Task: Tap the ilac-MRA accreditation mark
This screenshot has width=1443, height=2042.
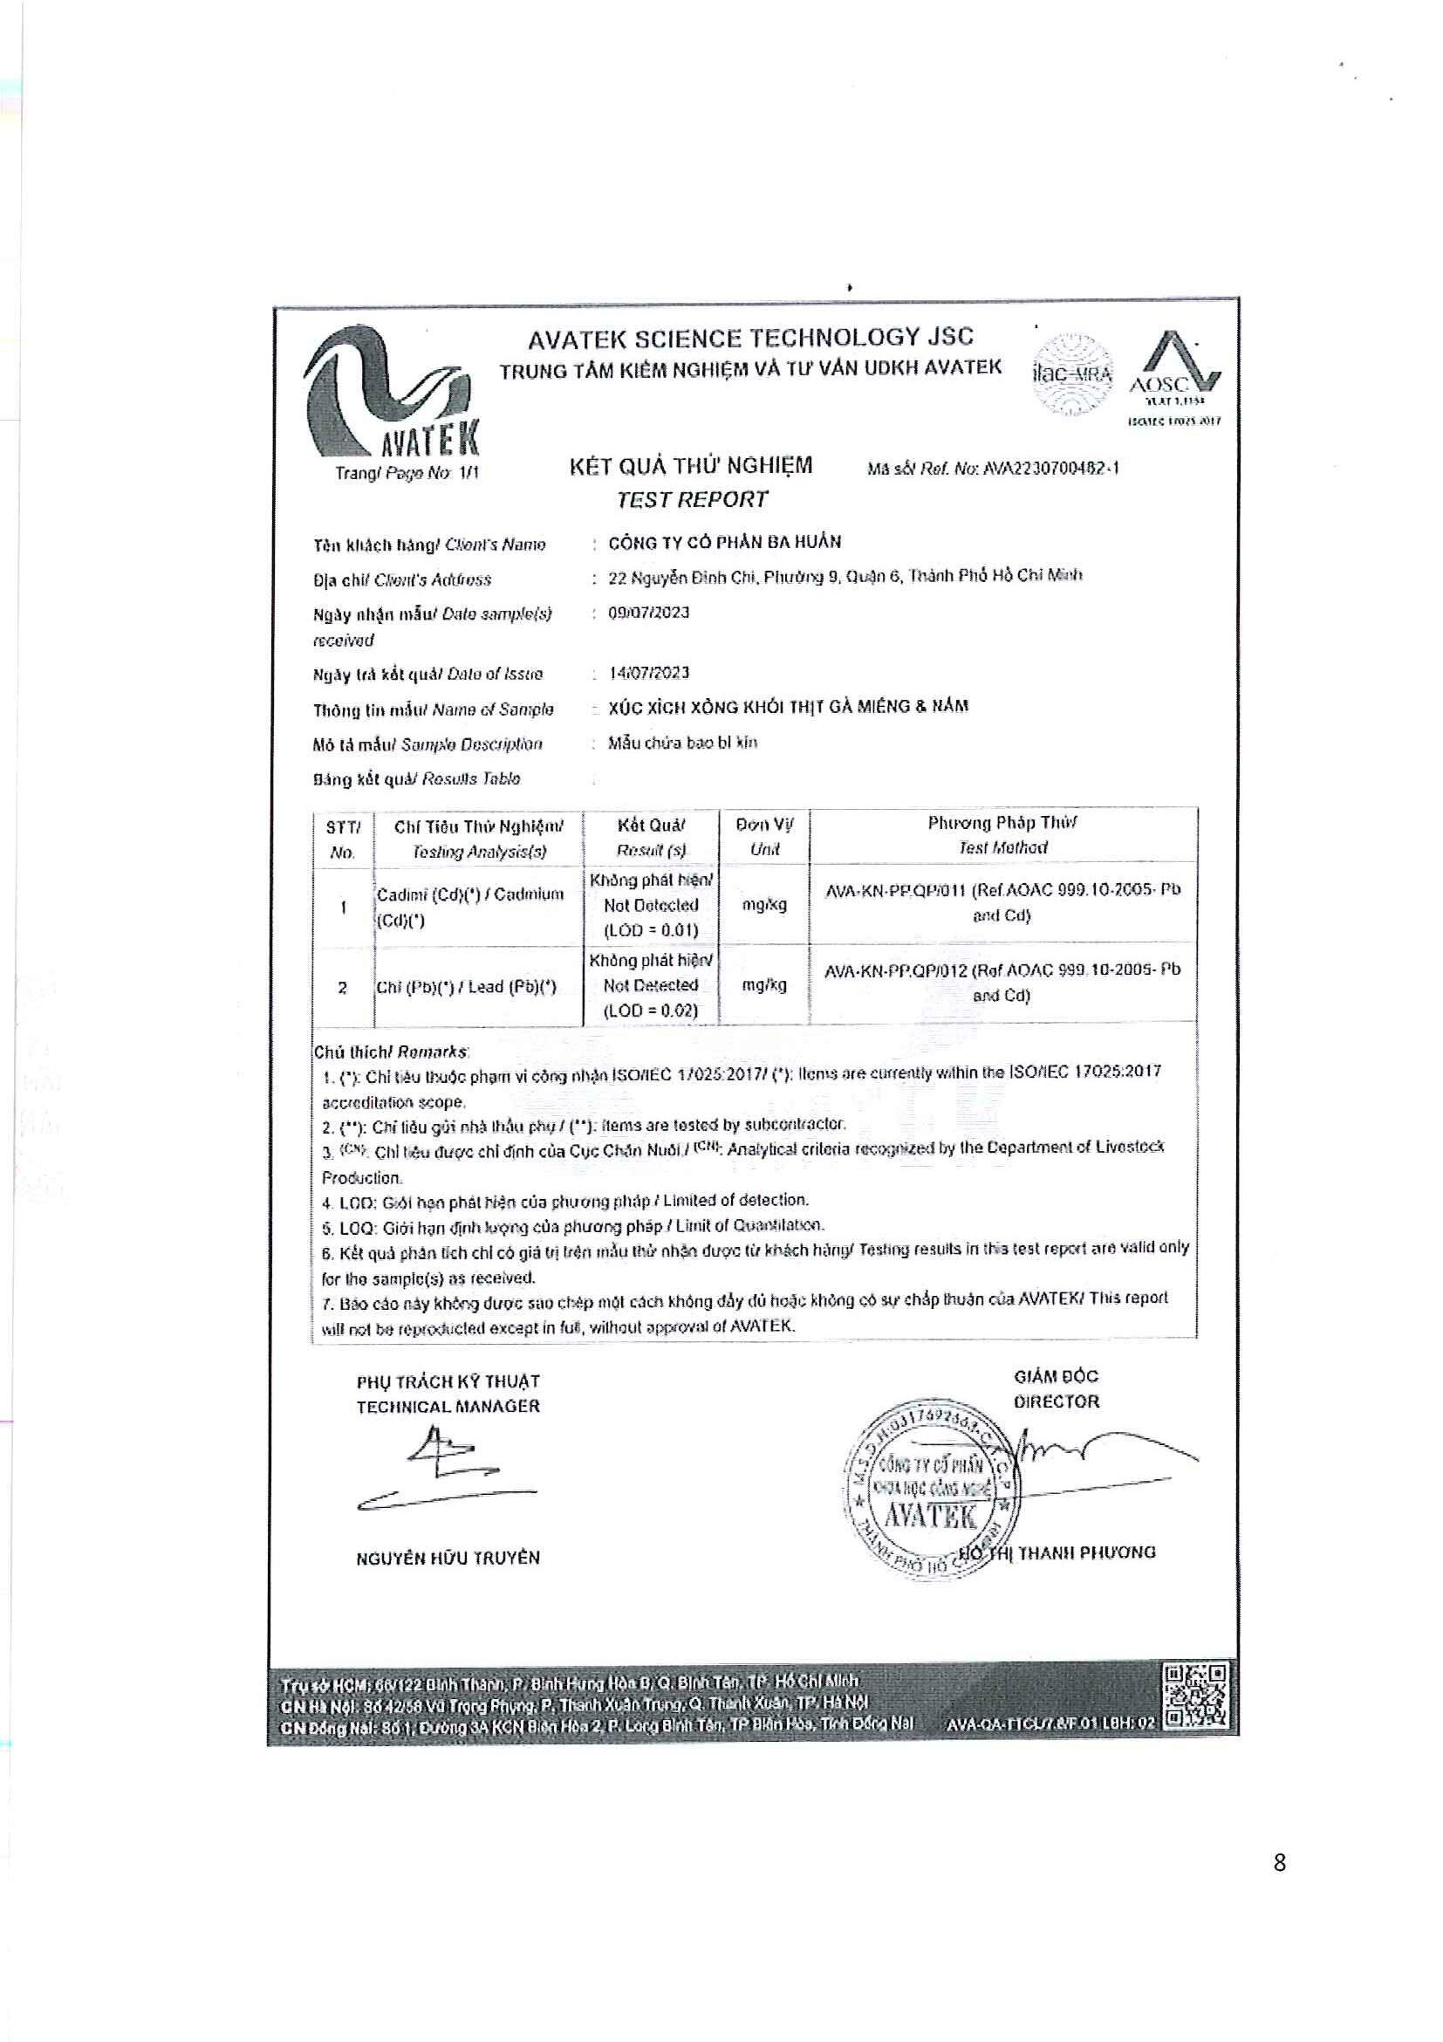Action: [1072, 374]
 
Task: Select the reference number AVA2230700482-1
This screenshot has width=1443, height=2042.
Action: [1051, 468]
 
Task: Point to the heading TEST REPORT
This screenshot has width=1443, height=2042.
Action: [692, 500]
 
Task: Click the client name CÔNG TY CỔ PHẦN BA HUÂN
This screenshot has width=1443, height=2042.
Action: [725, 543]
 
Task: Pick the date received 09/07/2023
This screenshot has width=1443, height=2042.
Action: [648, 613]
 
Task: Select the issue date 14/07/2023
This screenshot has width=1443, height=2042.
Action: [649, 674]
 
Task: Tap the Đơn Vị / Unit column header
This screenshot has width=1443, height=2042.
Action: [763, 836]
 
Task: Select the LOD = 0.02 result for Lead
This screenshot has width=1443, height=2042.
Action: [651, 1011]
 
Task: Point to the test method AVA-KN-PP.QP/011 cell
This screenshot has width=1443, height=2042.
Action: [1002, 901]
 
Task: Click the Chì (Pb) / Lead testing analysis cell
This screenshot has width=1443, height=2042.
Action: [467, 986]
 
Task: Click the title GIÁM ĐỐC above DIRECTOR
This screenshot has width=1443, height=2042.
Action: [1057, 1376]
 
